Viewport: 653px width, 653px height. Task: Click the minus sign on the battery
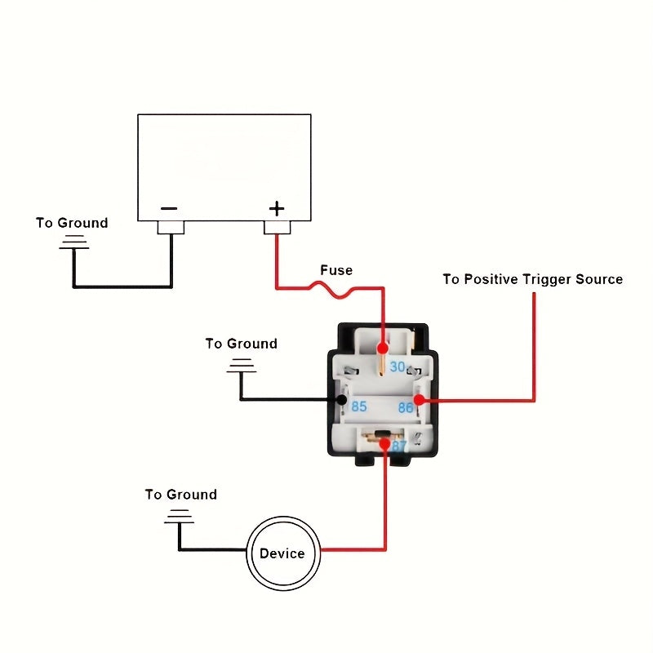coord(168,208)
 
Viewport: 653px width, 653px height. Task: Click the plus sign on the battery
coord(277,208)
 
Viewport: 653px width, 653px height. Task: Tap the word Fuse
coord(336,270)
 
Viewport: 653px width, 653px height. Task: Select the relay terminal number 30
coord(398,366)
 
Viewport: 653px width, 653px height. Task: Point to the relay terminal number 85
coord(358,406)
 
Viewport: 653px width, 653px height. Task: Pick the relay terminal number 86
coord(406,406)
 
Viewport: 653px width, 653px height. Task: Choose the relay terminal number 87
coord(399,446)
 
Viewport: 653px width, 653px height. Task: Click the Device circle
coord(282,553)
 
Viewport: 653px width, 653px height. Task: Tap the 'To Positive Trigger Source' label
coord(532,279)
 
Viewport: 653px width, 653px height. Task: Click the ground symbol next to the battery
coord(74,242)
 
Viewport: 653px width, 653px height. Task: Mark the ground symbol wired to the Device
coord(179,517)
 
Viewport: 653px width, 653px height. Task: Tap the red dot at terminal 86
coord(419,400)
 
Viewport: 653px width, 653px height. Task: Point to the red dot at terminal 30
coord(382,349)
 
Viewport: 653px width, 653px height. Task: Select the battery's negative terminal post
coord(171,227)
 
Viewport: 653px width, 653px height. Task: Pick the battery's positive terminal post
coord(277,227)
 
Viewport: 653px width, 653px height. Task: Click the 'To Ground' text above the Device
coord(181,495)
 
